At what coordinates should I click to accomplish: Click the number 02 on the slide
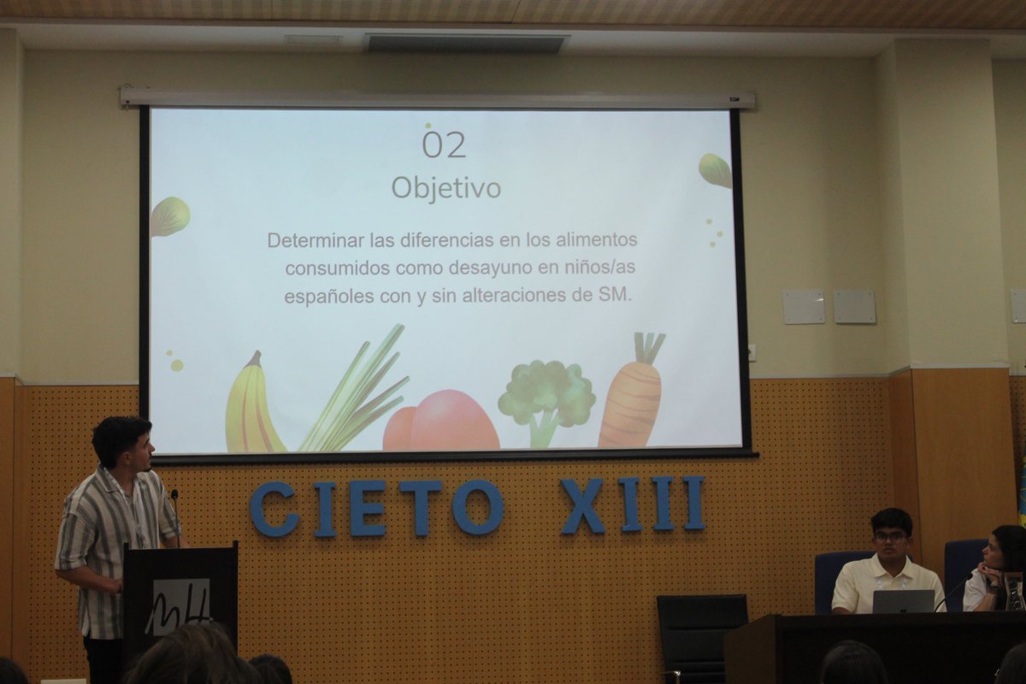444,144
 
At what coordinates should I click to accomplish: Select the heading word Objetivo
445,187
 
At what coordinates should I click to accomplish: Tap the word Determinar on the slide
310,240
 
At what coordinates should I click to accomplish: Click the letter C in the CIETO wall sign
273,509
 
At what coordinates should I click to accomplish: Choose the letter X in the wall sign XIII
583,505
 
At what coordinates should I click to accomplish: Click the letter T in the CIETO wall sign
421,507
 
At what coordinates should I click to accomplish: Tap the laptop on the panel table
903,601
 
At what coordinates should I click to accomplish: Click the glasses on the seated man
890,537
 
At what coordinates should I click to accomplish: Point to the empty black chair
701,633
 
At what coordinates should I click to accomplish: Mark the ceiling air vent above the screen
467,43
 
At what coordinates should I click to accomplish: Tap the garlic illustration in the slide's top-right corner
716,170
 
